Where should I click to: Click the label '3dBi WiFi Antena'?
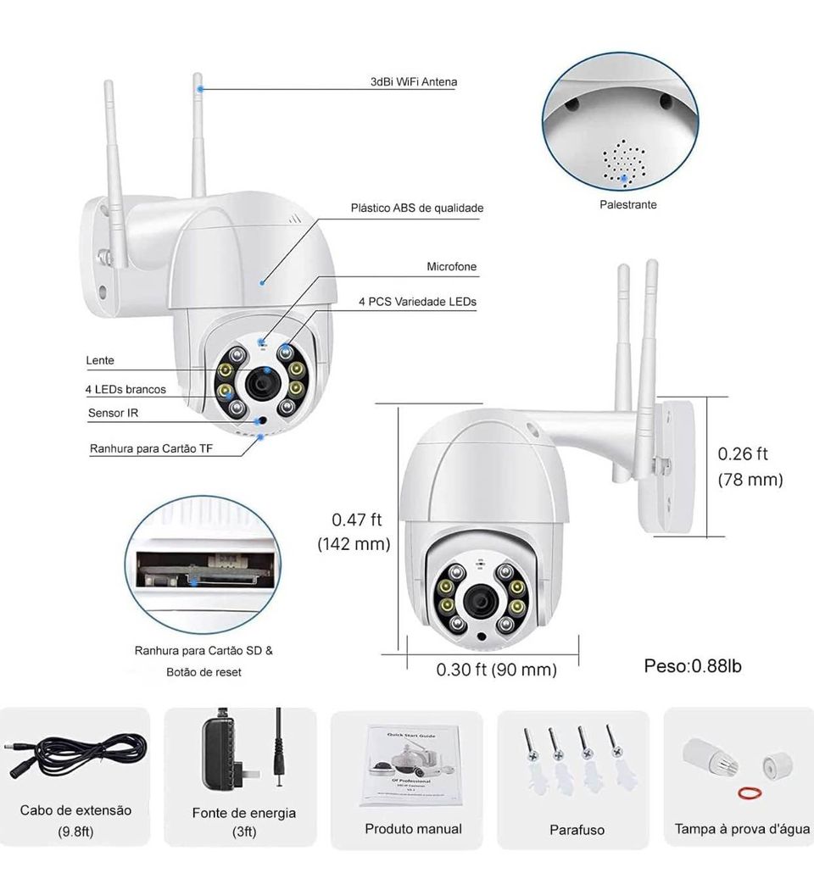[x=414, y=82]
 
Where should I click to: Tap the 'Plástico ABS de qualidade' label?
[x=417, y=208]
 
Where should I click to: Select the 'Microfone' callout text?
[x=451, y=267]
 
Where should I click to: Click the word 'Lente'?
[x=100, y=360]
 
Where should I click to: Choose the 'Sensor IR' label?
[x=113, y=413]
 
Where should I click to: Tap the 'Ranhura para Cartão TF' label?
[x=151, y=448]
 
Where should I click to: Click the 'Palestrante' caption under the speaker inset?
[x=627, y=205]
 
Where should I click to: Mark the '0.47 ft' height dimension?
[x=357, y=520]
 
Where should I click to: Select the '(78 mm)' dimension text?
[x=750, y=480]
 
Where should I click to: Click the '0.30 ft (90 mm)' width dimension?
[x=496, y=670]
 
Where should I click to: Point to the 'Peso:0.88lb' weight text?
[x=693, y=666]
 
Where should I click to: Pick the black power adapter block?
[x=220, y=751]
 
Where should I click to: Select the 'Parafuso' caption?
[x=577, y=830]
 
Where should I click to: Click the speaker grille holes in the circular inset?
[x=624, y=158]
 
